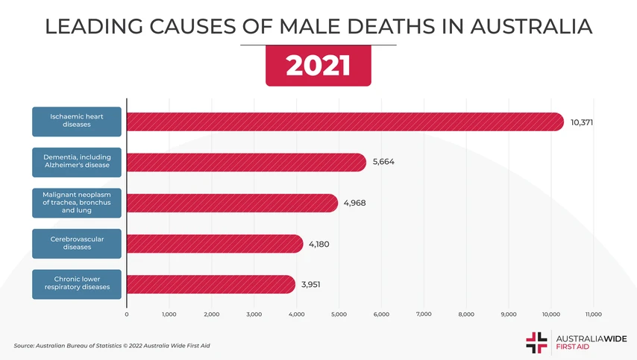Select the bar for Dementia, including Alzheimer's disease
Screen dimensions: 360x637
point(246,162)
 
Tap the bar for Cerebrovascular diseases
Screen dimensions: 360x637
point(215,244)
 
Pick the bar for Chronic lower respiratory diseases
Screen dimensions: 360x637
point(210,284)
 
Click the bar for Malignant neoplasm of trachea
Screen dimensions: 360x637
point(232,203)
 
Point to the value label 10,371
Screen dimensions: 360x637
point(582,121)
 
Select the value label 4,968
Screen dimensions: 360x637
point(355,203)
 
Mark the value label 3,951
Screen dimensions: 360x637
point(312,284)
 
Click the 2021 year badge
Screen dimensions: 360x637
point(318,66)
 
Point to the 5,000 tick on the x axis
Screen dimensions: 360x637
point(339,315)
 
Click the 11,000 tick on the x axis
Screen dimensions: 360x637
point(594,315)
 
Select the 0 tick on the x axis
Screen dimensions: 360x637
point(127,315)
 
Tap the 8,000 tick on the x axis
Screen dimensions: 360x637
point(466,315)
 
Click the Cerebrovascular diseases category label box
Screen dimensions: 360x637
point(76,244)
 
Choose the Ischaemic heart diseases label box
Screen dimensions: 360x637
point(76,121)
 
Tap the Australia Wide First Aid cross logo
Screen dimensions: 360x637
point(536,341)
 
